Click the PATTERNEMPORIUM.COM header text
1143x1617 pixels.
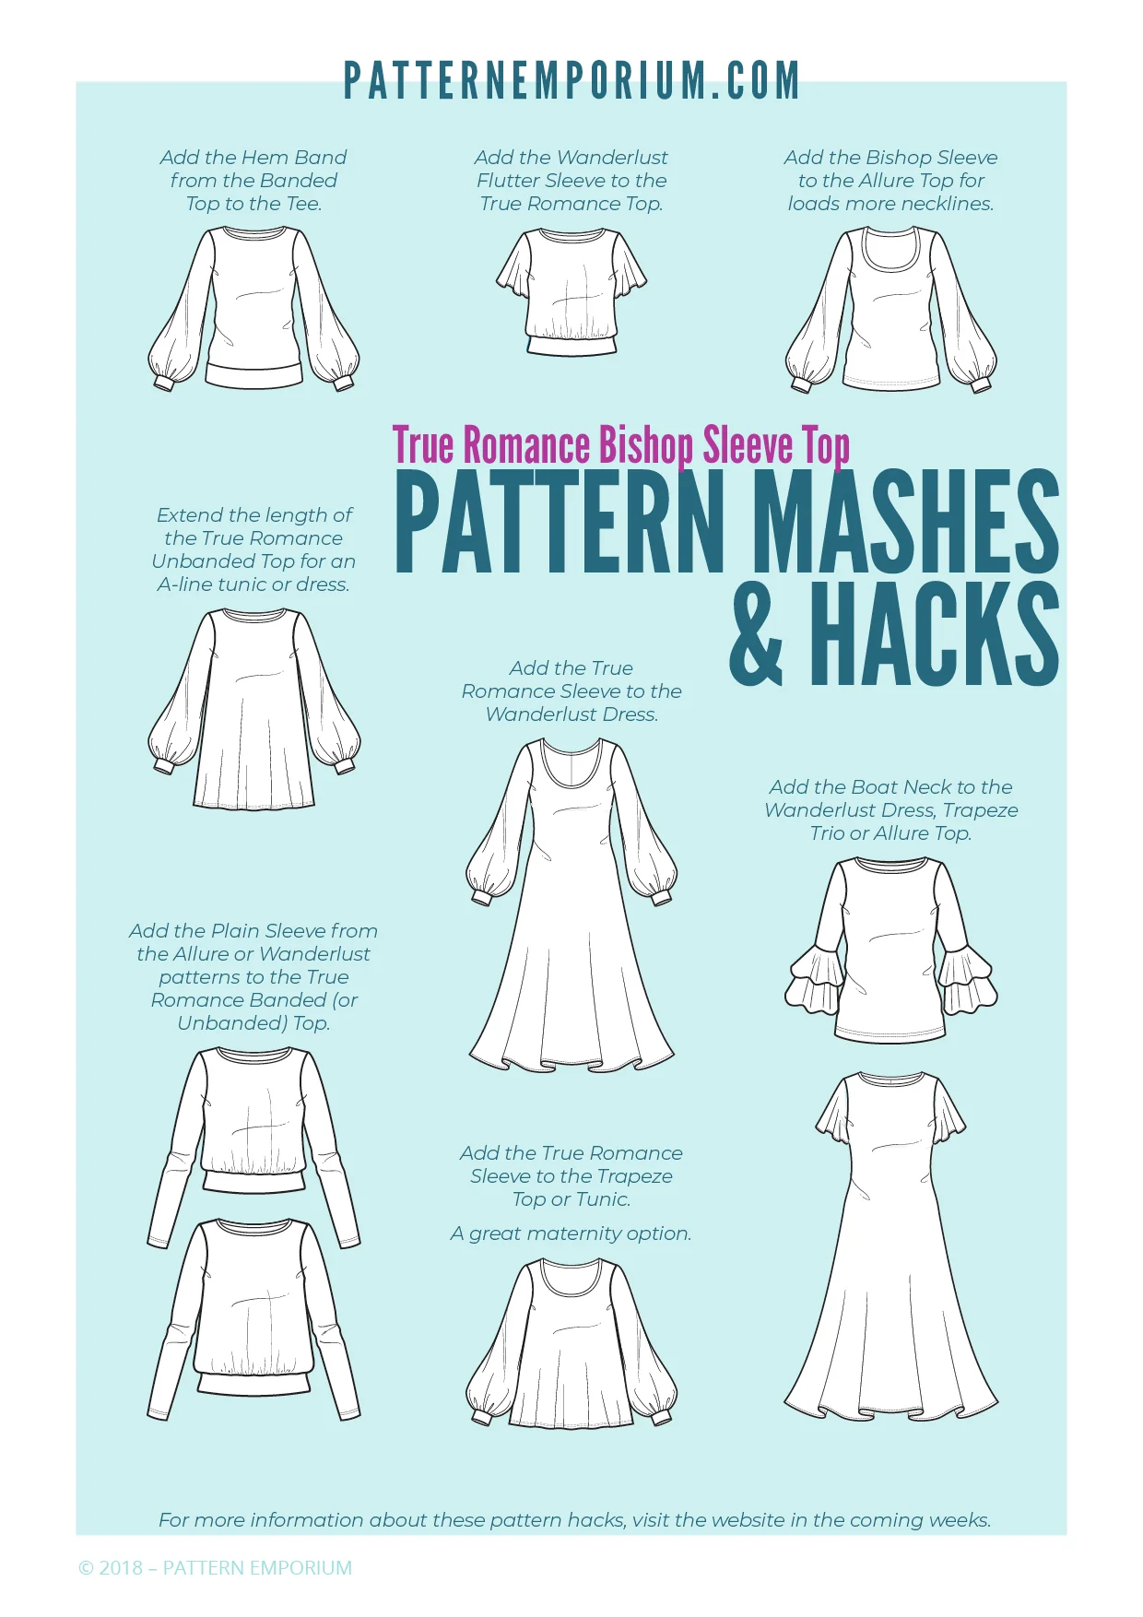coord(571,81)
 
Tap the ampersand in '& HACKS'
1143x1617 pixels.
coord(757,634)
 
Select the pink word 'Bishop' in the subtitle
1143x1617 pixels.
coord(646,445)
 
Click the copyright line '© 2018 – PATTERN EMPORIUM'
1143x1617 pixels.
coord(216,1567)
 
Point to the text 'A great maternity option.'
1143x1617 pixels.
coord(571,1233)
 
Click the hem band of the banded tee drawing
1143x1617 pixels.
coord(253,375)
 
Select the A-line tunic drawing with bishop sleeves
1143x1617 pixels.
coord(253,709)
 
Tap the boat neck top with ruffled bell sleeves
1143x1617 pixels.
coord(891,950)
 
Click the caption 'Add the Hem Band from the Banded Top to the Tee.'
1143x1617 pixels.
coord(253,181)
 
